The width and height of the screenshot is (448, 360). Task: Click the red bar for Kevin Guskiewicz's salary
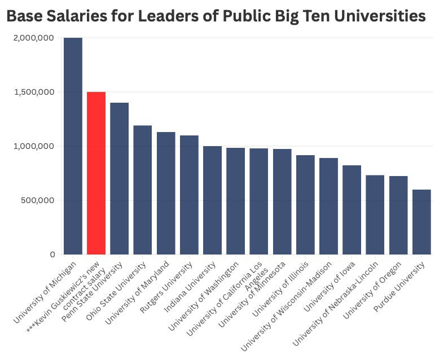click(x=96, y=173)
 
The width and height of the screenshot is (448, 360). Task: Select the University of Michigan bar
click(x=73, y=146)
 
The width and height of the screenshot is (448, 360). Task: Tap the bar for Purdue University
click(x=421, y=222)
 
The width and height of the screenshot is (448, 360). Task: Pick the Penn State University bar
click(x=120, y=178)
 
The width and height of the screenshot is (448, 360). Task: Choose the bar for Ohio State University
click(x=143, y=190)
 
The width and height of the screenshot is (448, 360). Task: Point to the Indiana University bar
click(x=212, y=200)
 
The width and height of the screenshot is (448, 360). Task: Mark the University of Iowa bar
click(x=352, y=210)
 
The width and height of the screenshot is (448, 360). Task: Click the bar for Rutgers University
click(x=189, y=195)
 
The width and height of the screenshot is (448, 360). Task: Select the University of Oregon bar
click(x=398, y=216)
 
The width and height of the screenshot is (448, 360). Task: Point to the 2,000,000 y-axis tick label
click(x=33, y=38)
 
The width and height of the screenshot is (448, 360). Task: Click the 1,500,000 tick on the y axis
click(x=34, y=92)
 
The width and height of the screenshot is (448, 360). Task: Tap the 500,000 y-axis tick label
click(x=37, y=200)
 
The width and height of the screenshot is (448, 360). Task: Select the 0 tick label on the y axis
click(x=52, y=254)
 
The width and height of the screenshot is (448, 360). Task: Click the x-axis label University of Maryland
click(x=137, y=293)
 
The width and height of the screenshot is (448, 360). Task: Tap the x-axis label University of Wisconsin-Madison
click(x=286, y=306)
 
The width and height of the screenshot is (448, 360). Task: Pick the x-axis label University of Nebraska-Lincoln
click(x=335, y=304)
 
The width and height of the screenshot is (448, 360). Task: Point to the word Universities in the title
click(x=380, y=16)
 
